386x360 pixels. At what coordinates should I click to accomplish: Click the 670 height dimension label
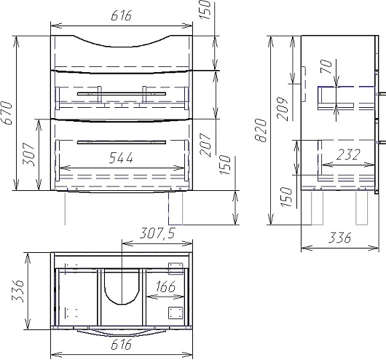pyautogui.click(x=7, y=113)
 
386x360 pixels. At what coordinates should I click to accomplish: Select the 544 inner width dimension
pyautogui.click(x=121, y=158)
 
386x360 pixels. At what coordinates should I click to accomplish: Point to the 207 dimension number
pyautogui.click(x=205, y=145)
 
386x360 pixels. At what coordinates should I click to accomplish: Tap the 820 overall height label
pyautogui.click(x=261, y=130)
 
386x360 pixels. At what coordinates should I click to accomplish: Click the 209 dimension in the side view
pyautogui.click(x=282, y=109)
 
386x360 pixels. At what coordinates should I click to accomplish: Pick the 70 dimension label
pyautogui.click(x=326, y=66)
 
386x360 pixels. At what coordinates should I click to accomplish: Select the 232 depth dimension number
pyautogui.click(x=348, y=154)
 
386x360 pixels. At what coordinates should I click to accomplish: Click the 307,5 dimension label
pyautogui.click(x=157, y=233)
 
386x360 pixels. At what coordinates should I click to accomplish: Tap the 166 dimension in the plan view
pyautogui.click(x=165, y=286)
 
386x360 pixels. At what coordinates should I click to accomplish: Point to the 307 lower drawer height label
pyautogui.click(x=28, y=154)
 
